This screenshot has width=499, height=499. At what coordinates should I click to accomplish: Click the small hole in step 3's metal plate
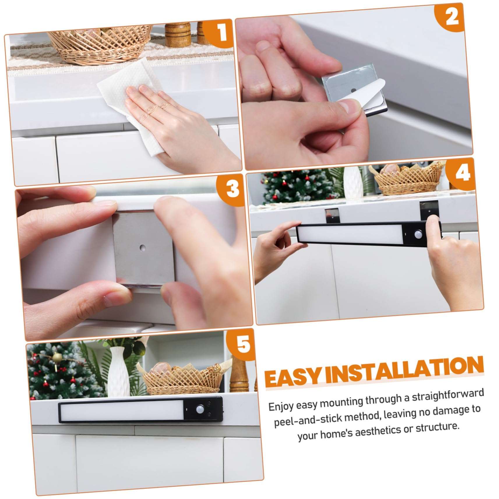(x=142, y=248)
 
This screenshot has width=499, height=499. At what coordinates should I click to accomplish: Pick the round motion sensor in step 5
(x=200, y=408)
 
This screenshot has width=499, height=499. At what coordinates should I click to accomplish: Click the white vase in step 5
(x=119, y=372)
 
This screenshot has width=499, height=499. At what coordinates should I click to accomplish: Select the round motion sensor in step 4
(x=418, y=234)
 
